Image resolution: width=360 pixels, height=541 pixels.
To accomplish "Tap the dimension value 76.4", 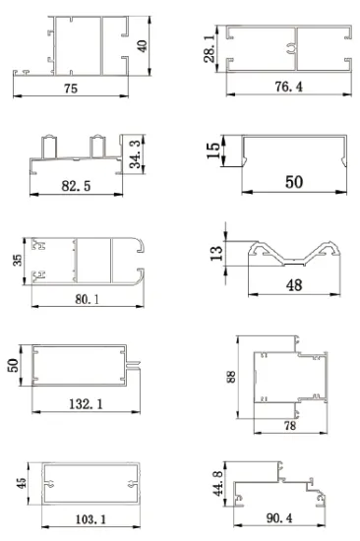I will click(288, 88).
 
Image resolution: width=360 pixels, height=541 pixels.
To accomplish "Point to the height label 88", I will click(233, 378).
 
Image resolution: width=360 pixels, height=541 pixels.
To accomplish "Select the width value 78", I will click(290, 425).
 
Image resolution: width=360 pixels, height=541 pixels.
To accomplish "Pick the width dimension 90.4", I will click(284, 517).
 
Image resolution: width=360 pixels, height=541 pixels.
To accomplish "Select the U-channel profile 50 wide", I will click(292, 152).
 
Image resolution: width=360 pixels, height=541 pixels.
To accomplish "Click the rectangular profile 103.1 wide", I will click(88, 483).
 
